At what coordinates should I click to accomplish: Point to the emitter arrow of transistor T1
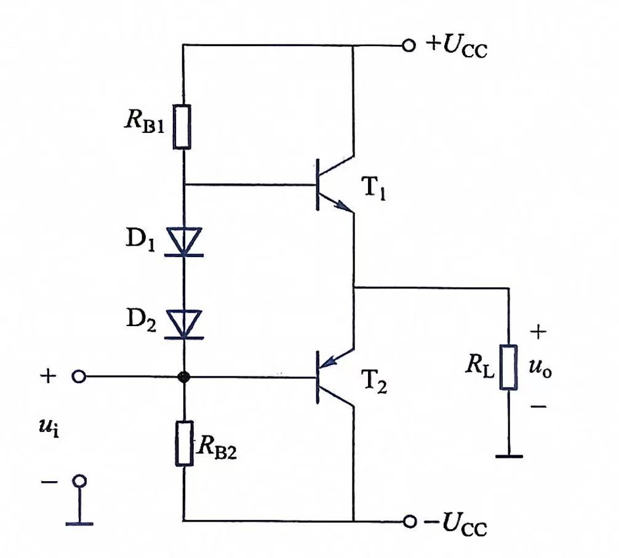[343, 205]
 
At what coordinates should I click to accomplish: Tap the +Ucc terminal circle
[409, 46]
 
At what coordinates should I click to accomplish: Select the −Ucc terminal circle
[410, 521]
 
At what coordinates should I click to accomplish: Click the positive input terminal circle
[79, 377]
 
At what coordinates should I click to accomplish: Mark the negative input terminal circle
[79, 481]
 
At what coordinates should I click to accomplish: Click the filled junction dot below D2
[184, 377]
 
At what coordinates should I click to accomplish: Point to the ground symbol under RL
[509, 456]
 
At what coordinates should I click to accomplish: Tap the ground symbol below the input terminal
[79, 524]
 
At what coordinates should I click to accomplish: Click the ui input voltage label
[49, 428]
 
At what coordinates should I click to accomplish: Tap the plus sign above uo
[538, 332]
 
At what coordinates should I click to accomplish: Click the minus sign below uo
[538, 405]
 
